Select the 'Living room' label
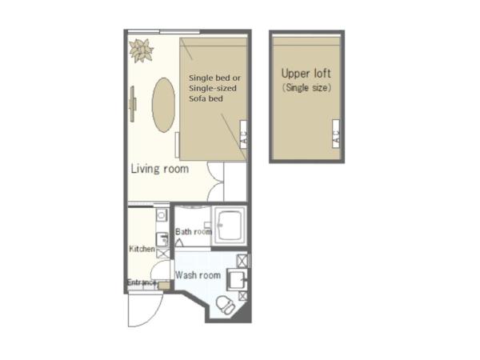(159, 169)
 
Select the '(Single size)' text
(306, 87)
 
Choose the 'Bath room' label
(194, 232)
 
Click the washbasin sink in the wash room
(236, 278)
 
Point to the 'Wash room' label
(198, 275)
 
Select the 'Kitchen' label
(142, 249)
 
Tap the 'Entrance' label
(142, 282)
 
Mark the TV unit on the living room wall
(133, 102)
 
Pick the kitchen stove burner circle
(161, 216)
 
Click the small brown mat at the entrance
(164, 285)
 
